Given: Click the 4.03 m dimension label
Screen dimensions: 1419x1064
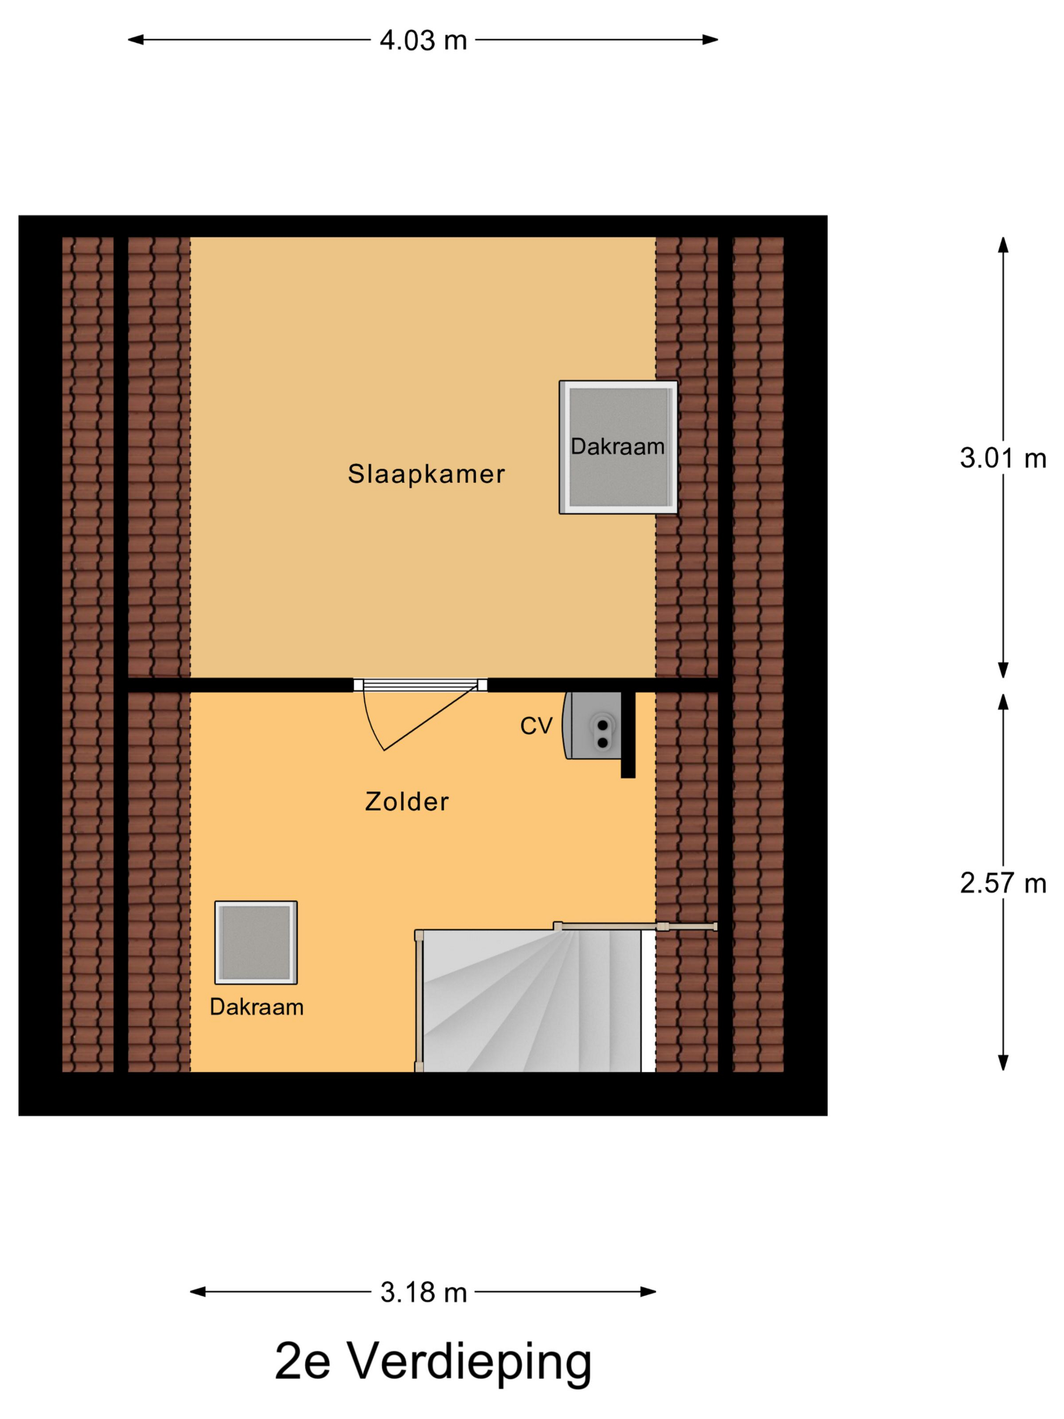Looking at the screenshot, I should tap(423, 41).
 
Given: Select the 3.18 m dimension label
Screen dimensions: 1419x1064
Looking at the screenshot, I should tap(423, 1292).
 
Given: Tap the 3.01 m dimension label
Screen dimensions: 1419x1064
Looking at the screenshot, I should tap(1002, 458).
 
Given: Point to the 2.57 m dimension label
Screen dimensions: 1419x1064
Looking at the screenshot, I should tap(1002, 883).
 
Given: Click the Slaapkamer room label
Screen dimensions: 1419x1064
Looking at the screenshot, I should tap(426, 474).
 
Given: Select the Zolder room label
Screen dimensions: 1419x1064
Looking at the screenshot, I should tap(407, 801).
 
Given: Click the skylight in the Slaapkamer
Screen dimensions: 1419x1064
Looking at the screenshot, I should tap(618, 447).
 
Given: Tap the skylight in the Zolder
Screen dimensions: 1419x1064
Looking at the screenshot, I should tap(255, 942).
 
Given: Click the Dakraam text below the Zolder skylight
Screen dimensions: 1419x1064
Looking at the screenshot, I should tap(256, 1006).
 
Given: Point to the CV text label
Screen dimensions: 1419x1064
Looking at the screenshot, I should tap(536, 726).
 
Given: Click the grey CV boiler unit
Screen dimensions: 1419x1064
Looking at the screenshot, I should tap(593, 726).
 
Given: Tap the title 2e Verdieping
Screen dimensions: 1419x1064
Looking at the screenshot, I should tap(433, 1361).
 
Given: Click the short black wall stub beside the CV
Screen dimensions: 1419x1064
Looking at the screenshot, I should tap(628, 734).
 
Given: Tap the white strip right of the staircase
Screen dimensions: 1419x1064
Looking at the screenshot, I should tap(648, 1001).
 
